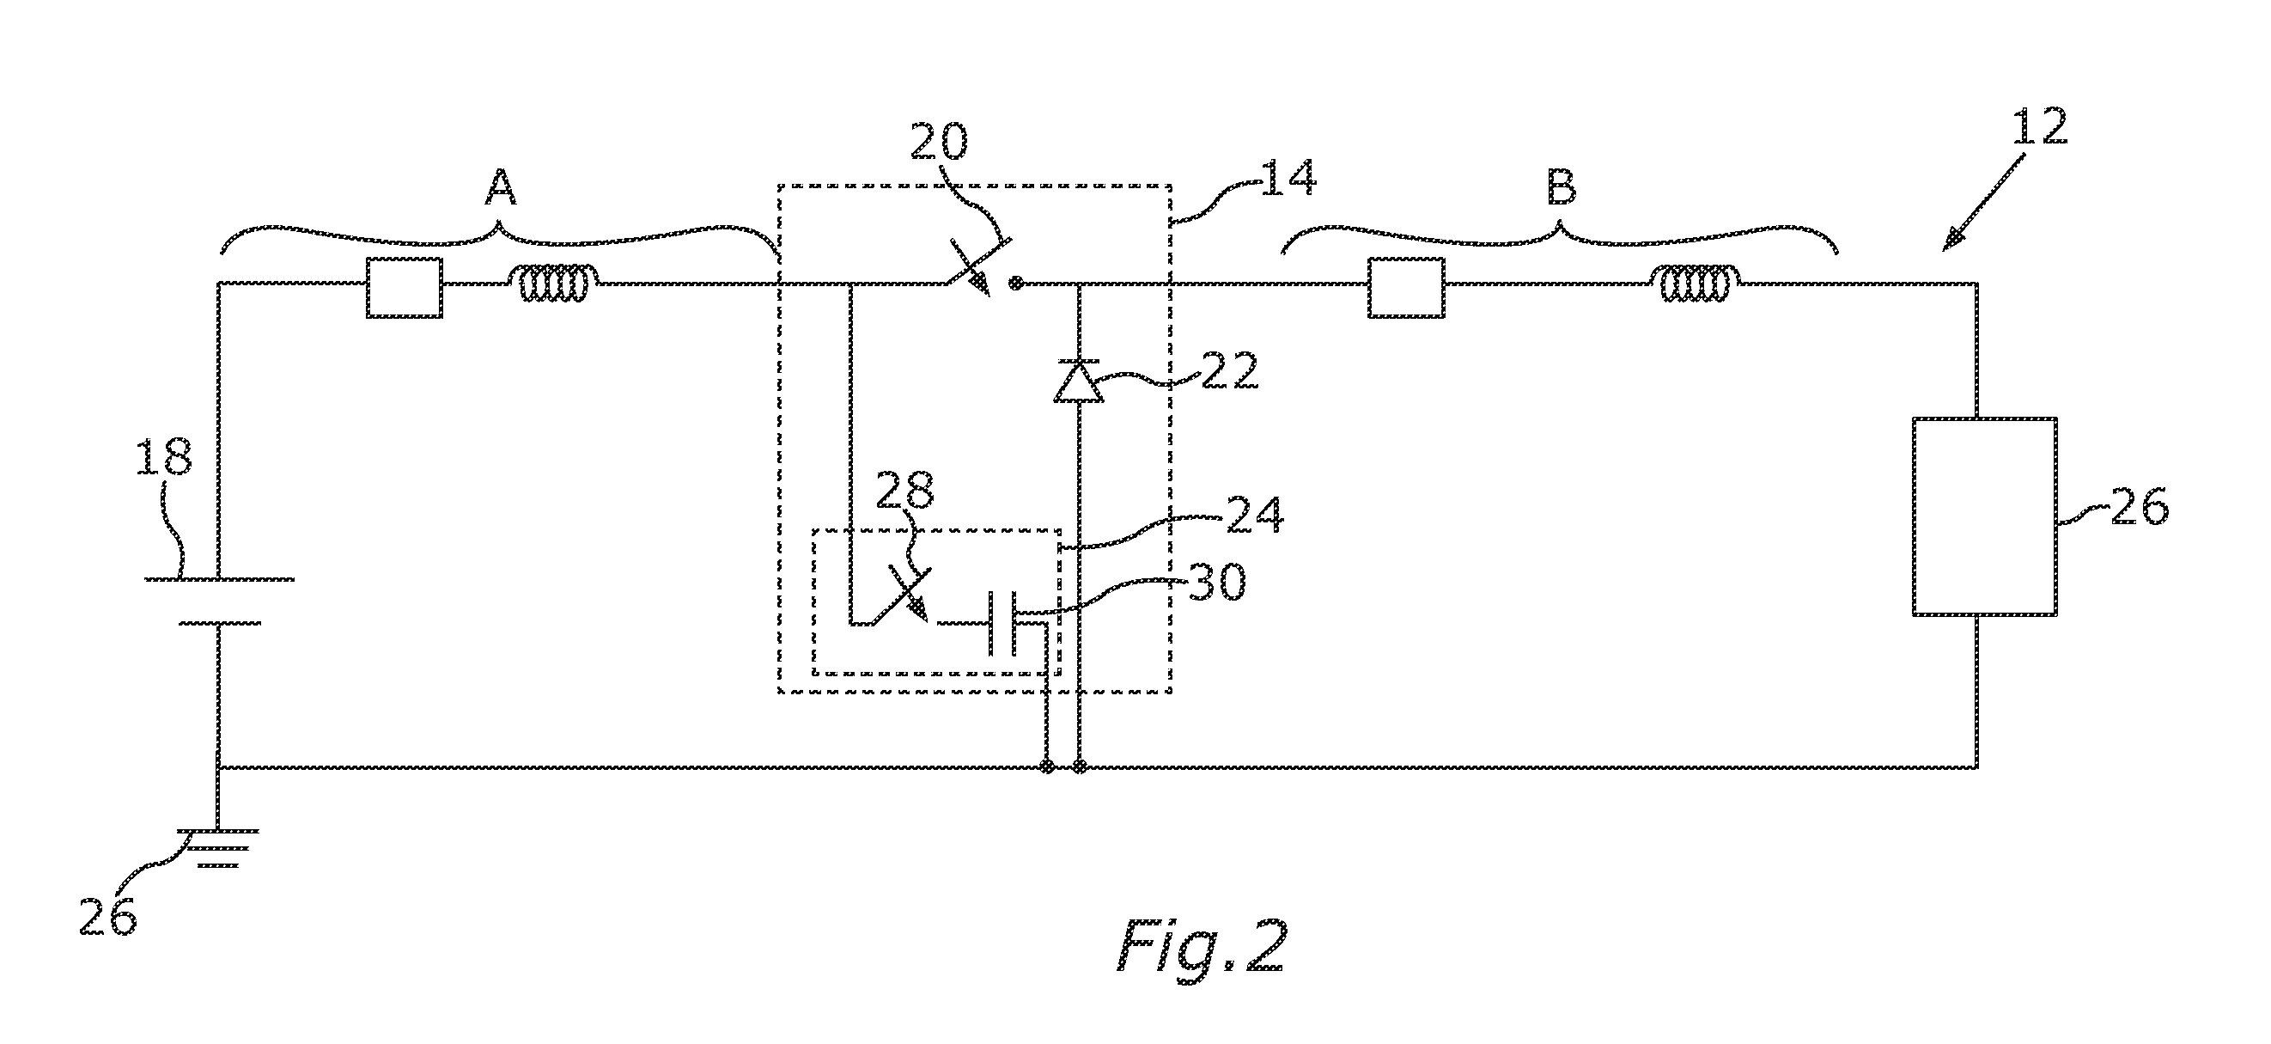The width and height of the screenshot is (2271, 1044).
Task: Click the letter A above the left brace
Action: click(501, 188)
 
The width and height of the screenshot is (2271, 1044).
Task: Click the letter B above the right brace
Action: click(1562, 188)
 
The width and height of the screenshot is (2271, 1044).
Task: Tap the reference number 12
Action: click(2039, 130)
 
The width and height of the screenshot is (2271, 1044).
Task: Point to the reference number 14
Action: click(1289, 178)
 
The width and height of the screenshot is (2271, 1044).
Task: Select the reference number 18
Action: click(165, 460)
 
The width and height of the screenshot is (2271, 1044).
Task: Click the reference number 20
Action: click(939, 143)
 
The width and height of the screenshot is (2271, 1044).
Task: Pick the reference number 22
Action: click(1230, 372)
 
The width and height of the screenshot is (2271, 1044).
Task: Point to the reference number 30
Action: click(1217, 583)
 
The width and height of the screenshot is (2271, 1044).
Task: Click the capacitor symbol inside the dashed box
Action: click(1003, 625)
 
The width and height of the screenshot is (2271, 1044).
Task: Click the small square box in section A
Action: click(405, 288)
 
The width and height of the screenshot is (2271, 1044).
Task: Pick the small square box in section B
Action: click(1406, 288)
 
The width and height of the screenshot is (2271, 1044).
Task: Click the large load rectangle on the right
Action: click(1984, 516)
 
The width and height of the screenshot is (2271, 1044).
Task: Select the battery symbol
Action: click(219, 601)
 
